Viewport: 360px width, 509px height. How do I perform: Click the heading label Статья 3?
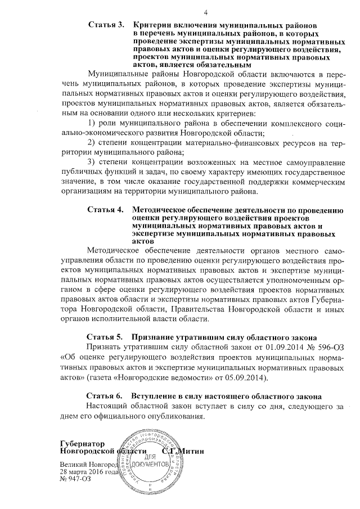tap(106, 25)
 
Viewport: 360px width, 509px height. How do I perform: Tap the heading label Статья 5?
tap(106, 337)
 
